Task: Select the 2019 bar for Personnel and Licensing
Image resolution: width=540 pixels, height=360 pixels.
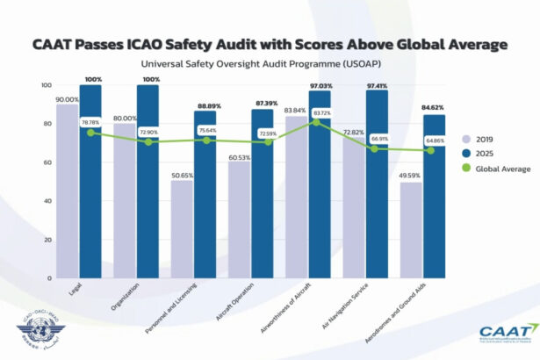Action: [182, 228]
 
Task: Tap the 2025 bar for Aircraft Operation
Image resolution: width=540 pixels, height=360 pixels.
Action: [262, 193]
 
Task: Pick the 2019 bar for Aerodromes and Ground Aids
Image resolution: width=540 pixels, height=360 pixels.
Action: [410, 230]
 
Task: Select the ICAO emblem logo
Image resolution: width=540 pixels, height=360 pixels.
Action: [32, 335]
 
